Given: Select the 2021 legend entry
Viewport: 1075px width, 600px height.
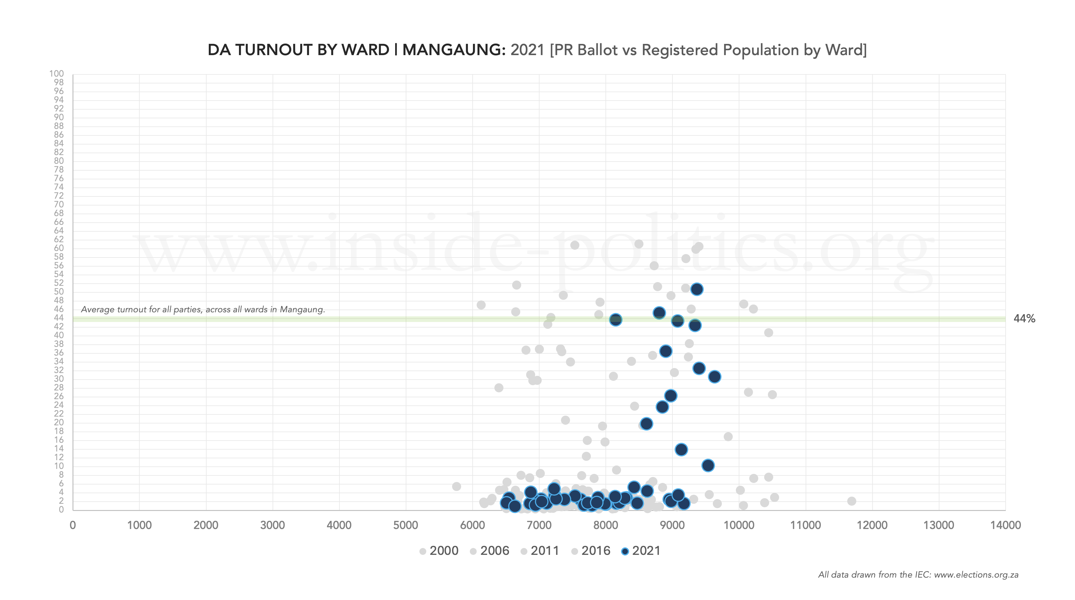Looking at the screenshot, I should pyautogui.click(x=641, y=551).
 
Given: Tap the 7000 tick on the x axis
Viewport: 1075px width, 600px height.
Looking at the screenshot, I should pyautogui.click(x=539, y=525).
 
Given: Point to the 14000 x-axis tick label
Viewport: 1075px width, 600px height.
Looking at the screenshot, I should pyautogui.click(x=1005, y=525).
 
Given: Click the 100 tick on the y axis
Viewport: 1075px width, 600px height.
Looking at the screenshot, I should pyautogui.click(x=56, y=74).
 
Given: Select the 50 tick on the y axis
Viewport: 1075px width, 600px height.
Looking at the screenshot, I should pyautogui.click(x=58, y=292).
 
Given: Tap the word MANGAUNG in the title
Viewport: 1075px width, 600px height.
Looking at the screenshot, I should pyautogui.click(x=454, y=50).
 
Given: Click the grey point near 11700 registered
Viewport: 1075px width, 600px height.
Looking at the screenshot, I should pyautogui.click(x=852, y=501).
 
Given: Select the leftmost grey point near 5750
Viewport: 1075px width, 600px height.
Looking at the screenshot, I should pyautogui.click(x=456, y=486).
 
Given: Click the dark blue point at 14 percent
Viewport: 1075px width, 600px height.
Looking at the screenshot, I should pyautogui.click(x=681, y=450).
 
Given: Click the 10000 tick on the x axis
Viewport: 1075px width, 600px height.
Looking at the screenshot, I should pyautogui.click(x=739, y=525).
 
